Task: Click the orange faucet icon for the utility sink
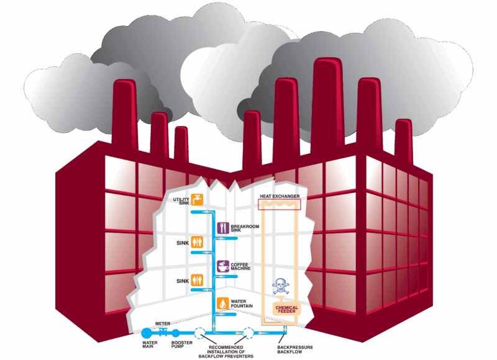198,199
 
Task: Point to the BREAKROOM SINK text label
244,228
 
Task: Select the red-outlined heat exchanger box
279,204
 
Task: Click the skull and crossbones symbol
280,287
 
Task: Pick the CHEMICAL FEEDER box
286,309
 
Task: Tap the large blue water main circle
147,333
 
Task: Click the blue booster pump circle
176,333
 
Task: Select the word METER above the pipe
163,323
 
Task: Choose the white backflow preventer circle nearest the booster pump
200,333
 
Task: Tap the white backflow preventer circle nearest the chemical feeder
248,333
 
